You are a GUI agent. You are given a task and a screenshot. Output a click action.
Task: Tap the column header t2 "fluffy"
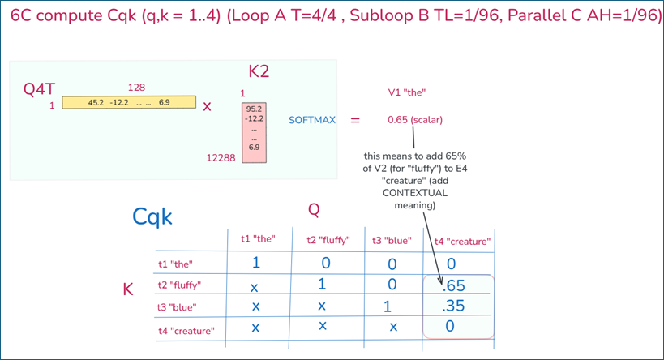tap(328, 239)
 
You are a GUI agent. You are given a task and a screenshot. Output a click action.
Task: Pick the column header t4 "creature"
tap(462, 240)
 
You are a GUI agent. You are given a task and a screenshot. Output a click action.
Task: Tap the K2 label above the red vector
tap(259, 72)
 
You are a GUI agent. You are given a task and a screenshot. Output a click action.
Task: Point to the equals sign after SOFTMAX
tap(354, 120)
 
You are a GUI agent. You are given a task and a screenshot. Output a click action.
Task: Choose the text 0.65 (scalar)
tap(415, 120)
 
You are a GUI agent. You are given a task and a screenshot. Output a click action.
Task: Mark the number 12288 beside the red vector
tap(221, 158)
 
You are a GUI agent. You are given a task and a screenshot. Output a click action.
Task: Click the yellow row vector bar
tap(129, 102)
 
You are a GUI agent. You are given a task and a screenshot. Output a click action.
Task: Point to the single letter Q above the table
tap(314, 210)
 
